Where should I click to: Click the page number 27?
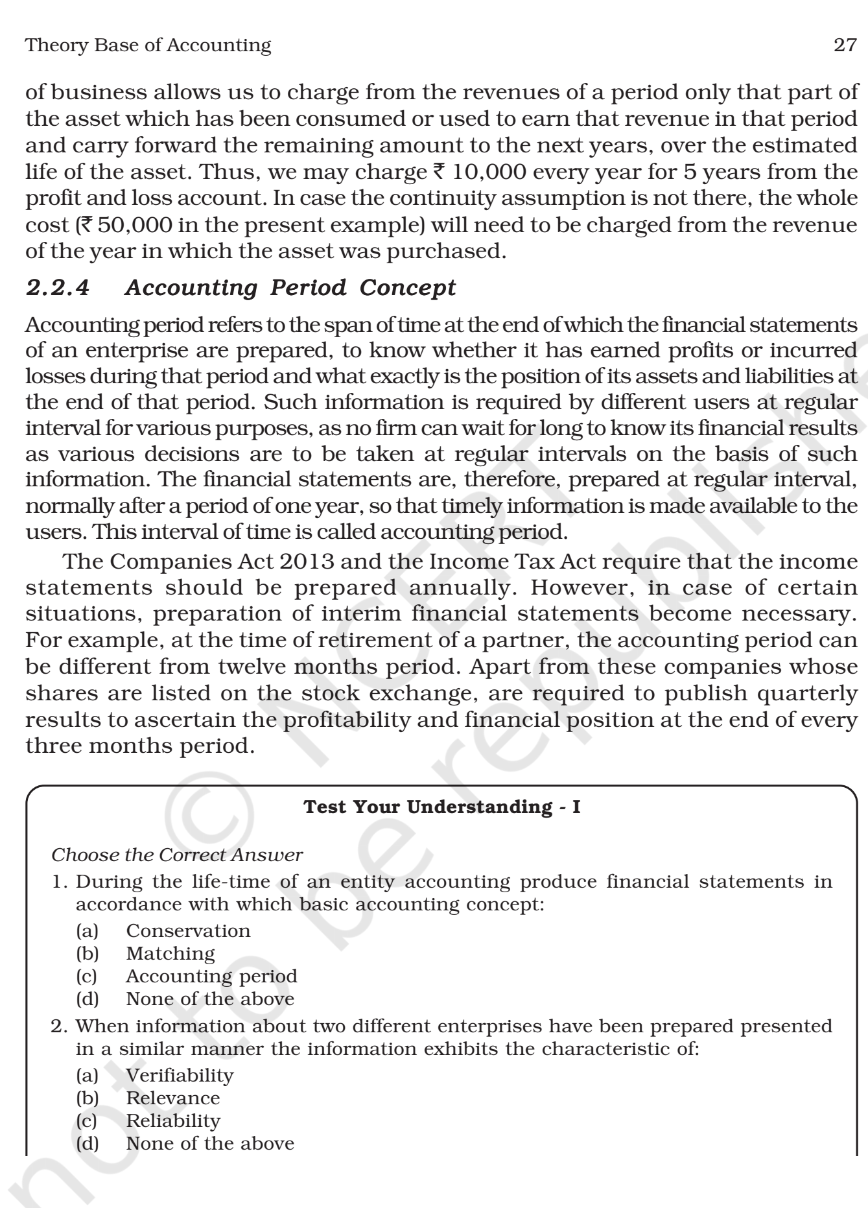coord(845,45)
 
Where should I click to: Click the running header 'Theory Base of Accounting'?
coord(148,45)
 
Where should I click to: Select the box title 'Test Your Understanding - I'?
coord(442,807)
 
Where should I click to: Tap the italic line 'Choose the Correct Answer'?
coord(177,855)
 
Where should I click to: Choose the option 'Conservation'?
coord(188,930)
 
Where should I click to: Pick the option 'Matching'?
coord(170,953)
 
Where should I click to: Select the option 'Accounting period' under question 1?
coord(211,976)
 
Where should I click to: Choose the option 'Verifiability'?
coord(180,1075)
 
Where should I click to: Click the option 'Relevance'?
coord(173,1098)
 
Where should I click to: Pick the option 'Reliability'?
coord(173,1120)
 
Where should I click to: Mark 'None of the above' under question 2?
coord(210,1143)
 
